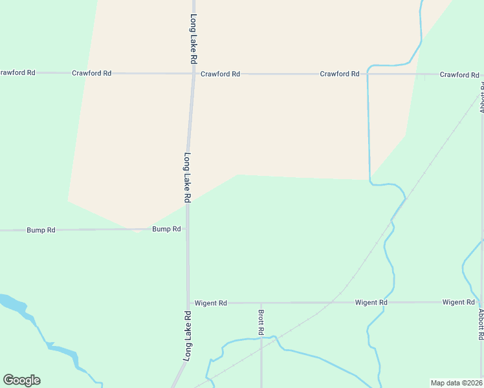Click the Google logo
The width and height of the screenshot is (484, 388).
coord(21,380)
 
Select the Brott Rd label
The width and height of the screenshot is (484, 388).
coord(261,322)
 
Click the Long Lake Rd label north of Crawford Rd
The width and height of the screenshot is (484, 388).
coord(193,39)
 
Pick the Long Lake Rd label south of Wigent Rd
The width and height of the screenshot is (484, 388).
coord(188,336)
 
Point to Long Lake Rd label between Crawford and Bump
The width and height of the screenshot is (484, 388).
coord(187,178)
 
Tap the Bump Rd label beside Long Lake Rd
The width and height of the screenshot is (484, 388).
coord(166,229)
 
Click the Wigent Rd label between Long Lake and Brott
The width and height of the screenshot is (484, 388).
coord(210,303)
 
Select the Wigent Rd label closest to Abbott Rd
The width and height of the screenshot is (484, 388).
coord(459,302)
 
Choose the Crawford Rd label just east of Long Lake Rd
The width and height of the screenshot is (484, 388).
coord(220,74)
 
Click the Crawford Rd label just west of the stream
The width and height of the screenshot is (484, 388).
coord(340,74)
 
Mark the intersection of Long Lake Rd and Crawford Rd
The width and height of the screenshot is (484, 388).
coord(192,74)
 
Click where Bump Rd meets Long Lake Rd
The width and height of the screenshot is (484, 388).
coord(187,229)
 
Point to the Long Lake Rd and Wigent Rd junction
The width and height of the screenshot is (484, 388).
coord(188,303)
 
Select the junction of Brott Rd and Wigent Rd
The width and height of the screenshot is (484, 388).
coord(261,303)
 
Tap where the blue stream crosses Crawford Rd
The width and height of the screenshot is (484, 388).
coord(368,74)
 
